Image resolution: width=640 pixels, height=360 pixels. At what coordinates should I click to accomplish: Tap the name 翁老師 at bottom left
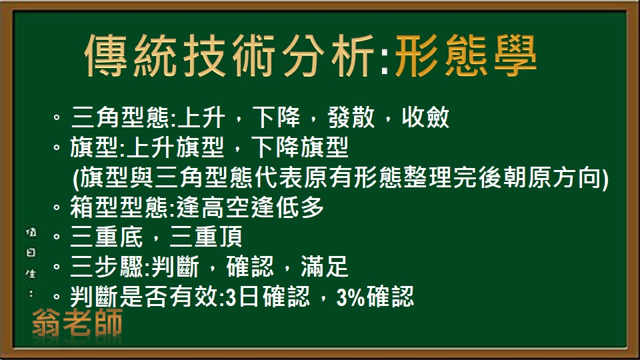tap(77, 324)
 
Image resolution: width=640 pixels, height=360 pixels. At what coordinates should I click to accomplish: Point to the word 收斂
tap(425, 119)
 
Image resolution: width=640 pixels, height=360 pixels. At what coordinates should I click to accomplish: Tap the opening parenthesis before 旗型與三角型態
tap(73, 178)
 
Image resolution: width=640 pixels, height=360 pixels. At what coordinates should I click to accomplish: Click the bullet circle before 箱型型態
tap(57, 209)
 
